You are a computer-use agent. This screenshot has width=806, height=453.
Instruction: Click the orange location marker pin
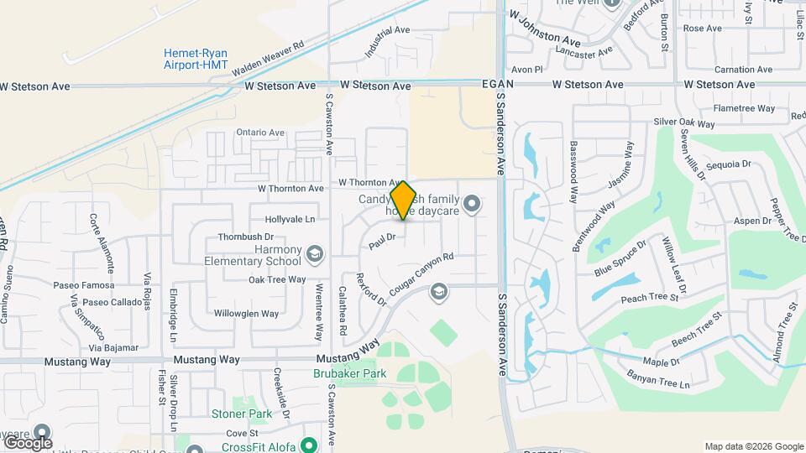coord(404,200)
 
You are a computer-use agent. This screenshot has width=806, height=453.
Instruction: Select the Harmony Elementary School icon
coord(314,253)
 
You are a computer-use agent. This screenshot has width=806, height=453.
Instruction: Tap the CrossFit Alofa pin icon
coord(309,445)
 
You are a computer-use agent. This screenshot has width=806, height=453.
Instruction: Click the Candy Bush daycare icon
coord(472,203)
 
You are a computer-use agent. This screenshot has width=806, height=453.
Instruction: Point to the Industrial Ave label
coord(387,41)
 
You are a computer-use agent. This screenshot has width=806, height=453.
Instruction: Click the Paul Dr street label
coord(381,242)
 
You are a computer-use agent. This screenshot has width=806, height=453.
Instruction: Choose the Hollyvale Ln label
coord(290,219)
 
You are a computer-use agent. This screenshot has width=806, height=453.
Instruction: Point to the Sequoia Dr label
coord(728,164)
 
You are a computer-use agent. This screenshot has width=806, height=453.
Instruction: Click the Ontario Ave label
coord(260,133)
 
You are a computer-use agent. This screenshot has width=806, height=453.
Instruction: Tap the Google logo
coord(27,442)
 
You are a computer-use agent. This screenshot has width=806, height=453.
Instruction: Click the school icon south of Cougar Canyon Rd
coord(437,292)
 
